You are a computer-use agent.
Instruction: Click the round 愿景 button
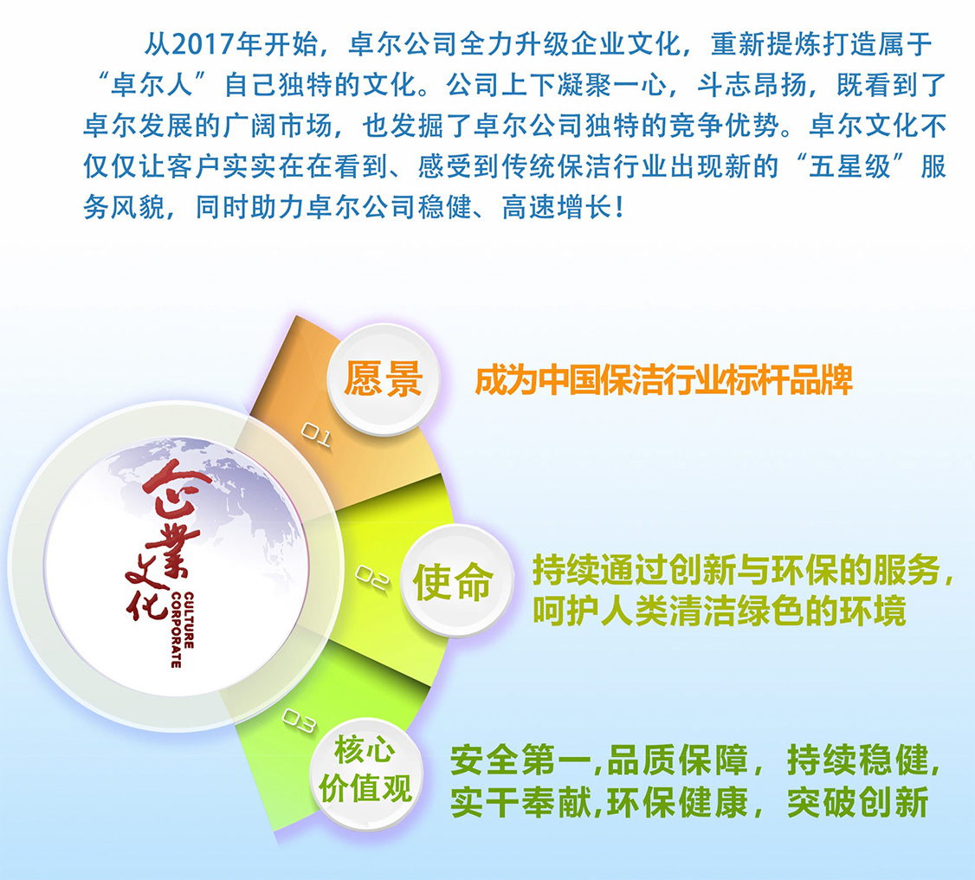point(384,379)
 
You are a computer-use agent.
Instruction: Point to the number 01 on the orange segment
point(316,435)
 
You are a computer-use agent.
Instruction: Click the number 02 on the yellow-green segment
point(371,578)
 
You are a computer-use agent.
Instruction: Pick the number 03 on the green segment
point(299,721)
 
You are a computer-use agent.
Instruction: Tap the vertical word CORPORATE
point(176,630)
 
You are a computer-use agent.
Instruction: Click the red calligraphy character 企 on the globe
point(169,491)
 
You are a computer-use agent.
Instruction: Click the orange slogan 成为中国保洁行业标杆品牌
point(663,380)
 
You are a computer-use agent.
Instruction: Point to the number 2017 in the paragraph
point(203,44)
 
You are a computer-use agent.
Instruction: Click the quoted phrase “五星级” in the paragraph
point(850,166)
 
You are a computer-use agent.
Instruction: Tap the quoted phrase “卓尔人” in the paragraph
point(152,85)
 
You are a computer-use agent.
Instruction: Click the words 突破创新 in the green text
point(858,802)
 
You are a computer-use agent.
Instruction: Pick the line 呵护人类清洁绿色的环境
point(720,611)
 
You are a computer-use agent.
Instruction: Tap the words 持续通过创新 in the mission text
point(634,570)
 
